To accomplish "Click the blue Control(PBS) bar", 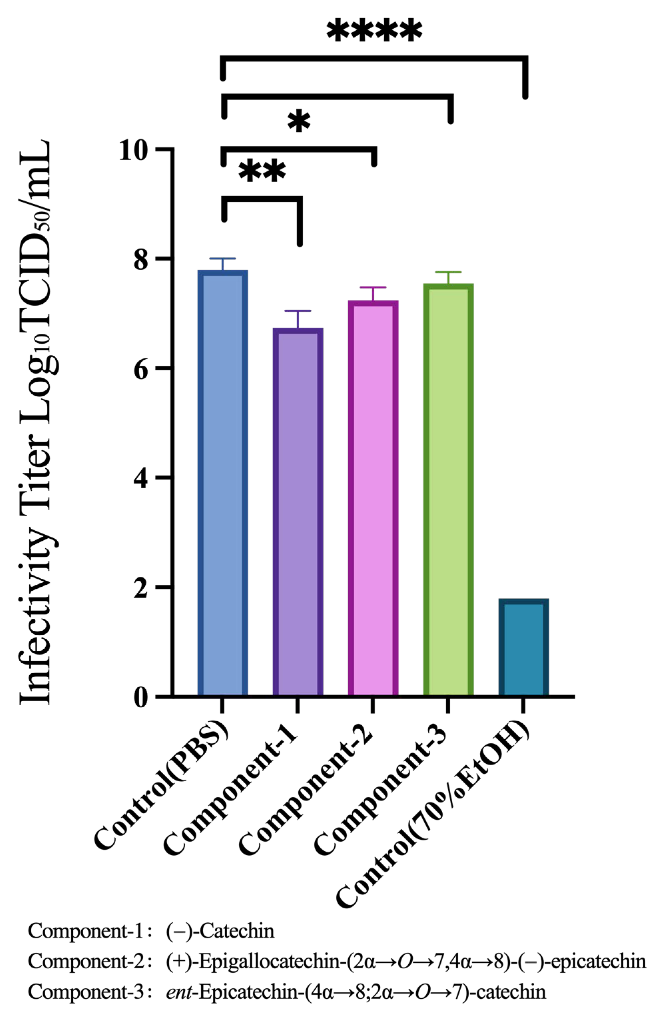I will pos(222,483).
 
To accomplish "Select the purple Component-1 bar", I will pos(297,512).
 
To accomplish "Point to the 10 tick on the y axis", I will pos(137,150).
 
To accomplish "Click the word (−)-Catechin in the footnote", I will pos(220,943).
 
